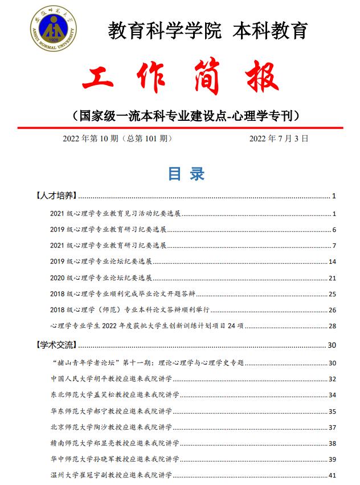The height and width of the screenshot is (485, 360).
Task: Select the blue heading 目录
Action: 186,174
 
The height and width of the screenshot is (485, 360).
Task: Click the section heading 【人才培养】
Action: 56,197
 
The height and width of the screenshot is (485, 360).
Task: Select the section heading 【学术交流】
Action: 56,345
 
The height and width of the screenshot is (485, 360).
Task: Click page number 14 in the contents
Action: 333,262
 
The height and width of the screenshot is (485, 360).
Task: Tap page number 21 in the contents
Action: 333,278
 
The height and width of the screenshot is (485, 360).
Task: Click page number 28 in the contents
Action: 333,327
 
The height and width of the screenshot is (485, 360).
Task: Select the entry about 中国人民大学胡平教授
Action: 114,378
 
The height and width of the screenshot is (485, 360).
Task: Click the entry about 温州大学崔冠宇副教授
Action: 114,475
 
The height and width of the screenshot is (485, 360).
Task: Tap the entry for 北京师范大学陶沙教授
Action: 114,427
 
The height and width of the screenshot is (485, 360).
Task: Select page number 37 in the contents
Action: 333,427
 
